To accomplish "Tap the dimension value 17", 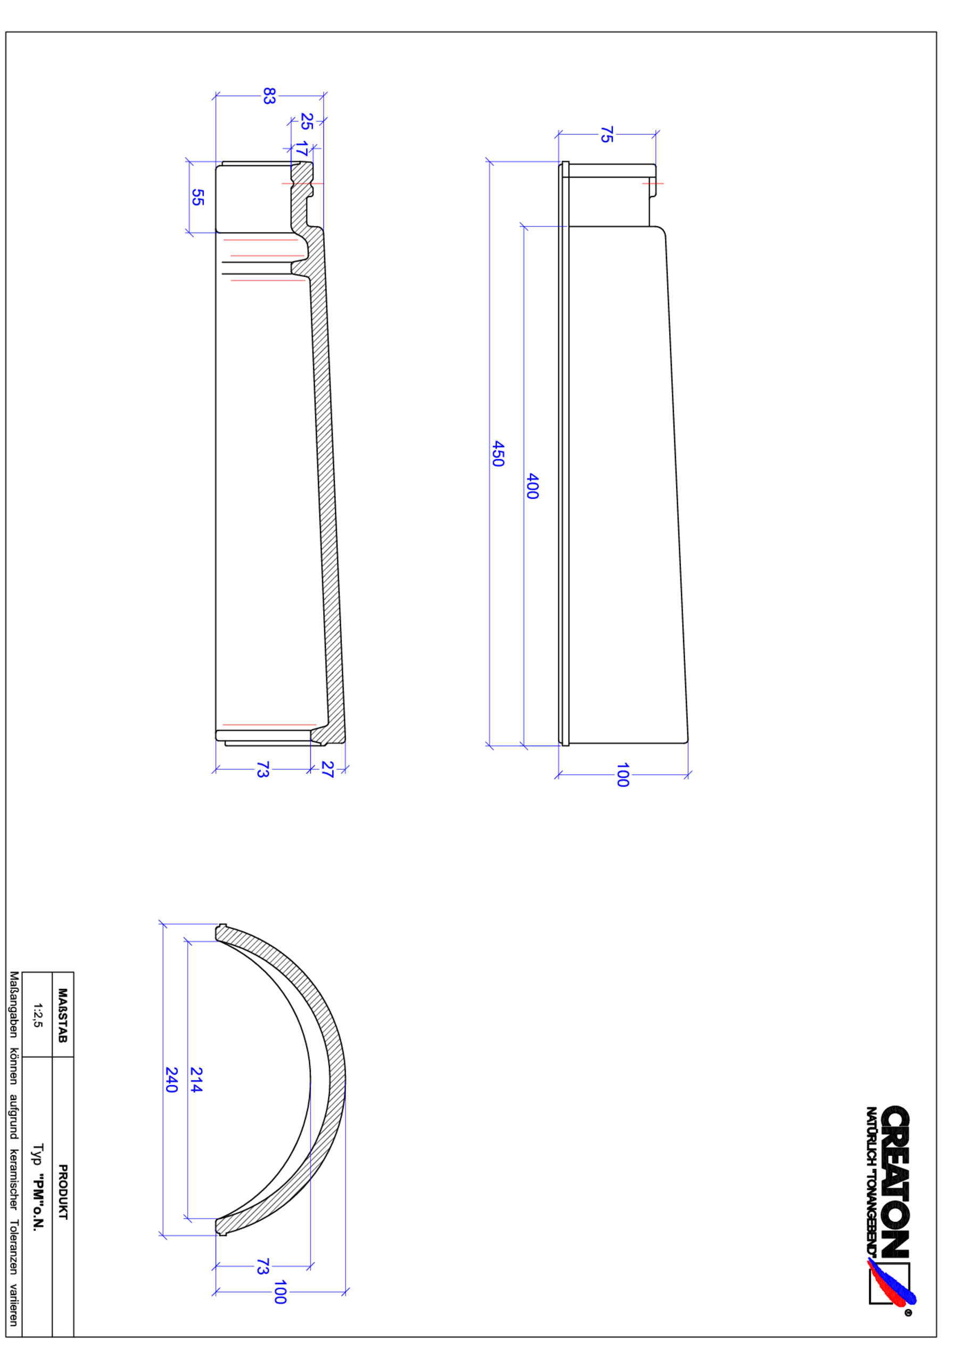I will (x=302, y=149).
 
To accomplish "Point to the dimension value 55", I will (x=197, y=197).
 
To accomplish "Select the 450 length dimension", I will (x=498, y=453).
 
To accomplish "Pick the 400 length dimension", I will (x=532, y=486).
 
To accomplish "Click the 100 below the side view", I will (x=622, y=775).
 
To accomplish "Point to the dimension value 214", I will (x=196, y=1079).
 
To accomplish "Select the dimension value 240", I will (x=171, y=1079).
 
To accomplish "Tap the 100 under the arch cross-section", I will (x=279, y=1292).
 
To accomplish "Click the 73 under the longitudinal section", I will (x=262, y=769).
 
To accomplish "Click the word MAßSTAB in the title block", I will (x=63, y=1016).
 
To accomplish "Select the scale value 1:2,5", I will (x=37, y=1016).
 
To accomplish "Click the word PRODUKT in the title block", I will (x=63, y=1192).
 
